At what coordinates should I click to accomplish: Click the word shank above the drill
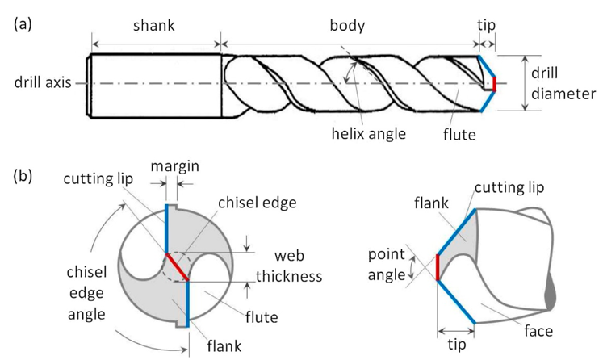point(154,26)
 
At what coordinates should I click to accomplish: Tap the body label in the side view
point(347,26)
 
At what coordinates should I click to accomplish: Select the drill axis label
point(43,82)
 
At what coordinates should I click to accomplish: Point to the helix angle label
point(368,134)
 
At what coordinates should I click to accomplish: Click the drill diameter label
point(563,83)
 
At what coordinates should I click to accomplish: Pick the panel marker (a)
point(23,24)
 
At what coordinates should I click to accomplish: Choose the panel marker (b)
point(23,176)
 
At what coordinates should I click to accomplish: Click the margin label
point(175,166)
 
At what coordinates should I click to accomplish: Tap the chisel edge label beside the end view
point(258,203)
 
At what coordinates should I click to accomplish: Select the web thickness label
point(289,266)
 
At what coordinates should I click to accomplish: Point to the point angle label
point(387,265)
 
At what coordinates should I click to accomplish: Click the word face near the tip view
point(538,331)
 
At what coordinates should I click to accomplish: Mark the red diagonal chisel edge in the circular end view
point(178,267)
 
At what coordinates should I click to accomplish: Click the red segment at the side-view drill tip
point(495,84)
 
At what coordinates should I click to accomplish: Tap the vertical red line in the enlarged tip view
point(438,267)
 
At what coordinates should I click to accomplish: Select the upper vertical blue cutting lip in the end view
point(167,228)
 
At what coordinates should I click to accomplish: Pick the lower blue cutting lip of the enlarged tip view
point(456,302)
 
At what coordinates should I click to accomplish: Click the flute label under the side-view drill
point(459,135)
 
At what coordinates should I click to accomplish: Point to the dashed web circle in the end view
point(177,267)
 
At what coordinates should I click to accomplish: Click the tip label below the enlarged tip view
point(456,345)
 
